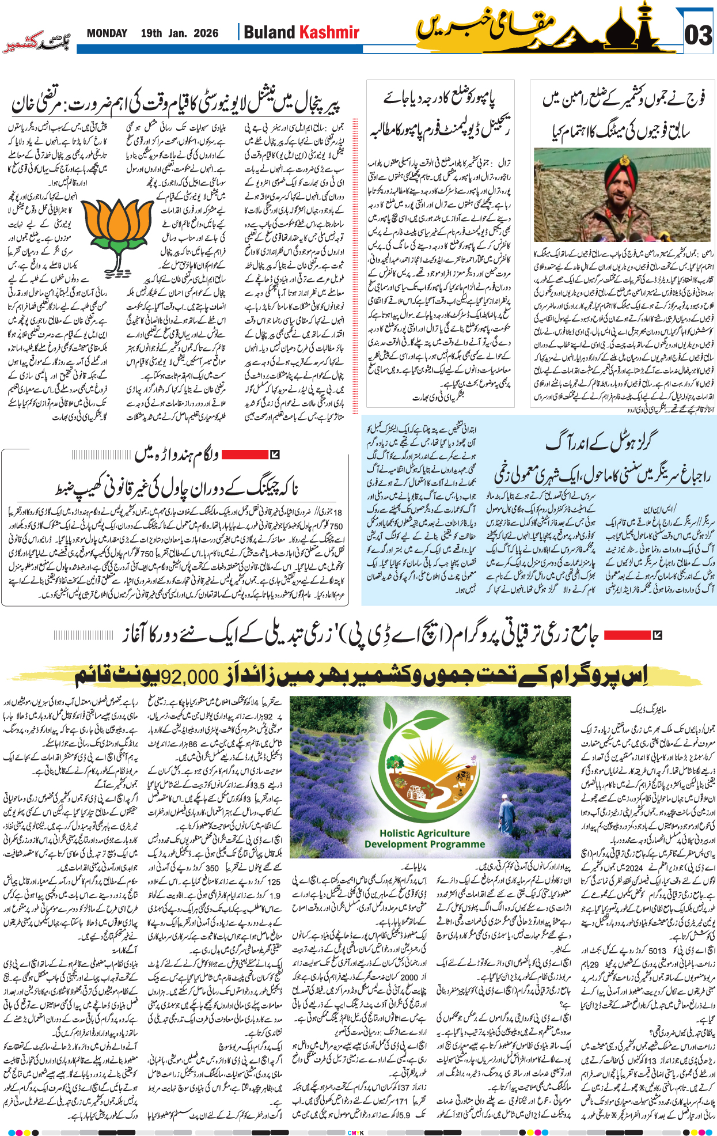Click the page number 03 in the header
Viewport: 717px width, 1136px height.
coord(698,36)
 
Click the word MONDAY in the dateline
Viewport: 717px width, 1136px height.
coord(107,33)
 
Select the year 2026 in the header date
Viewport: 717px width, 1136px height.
coord(206,33)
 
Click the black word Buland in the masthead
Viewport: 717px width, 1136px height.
coord(270,32)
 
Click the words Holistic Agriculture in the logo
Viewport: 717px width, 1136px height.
coord(424,833)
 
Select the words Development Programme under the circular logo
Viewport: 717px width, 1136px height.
coord(424,844)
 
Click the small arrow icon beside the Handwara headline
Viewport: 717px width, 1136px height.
coord(275,455)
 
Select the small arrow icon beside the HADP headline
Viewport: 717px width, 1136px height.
coord(657,635)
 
